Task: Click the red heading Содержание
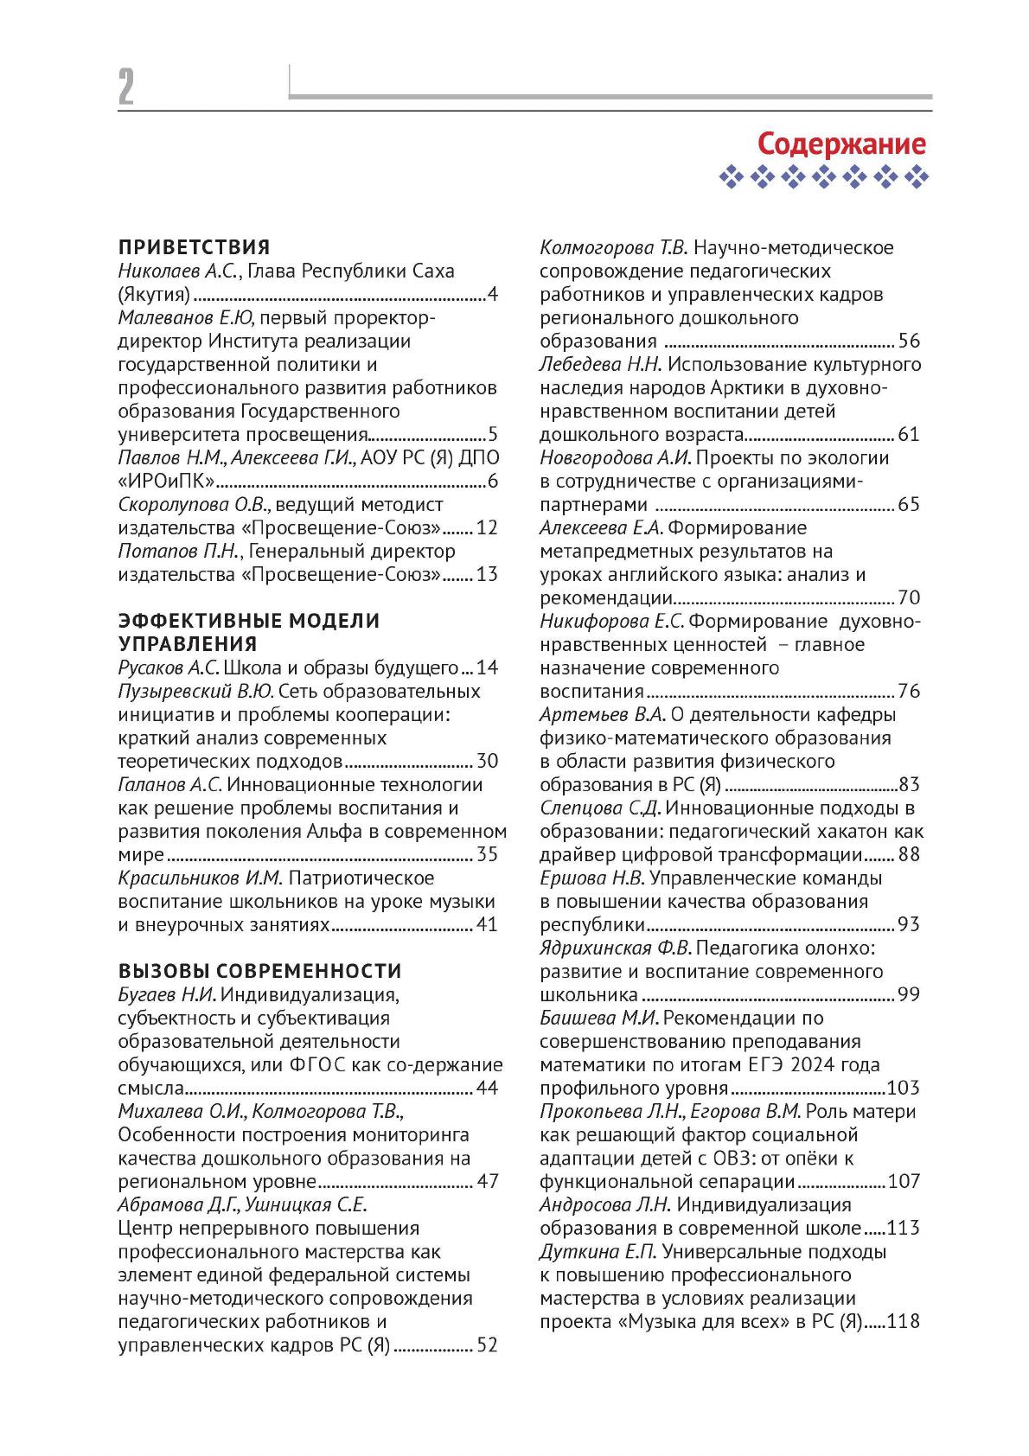point(840,143)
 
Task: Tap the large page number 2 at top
point(126,87)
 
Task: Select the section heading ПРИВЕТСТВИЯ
point(194,247)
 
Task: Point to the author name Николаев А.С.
point(177,271)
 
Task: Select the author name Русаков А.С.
point(169,668)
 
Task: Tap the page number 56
point(909,341)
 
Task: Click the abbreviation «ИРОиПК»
point(166,482)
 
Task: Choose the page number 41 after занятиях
point(487,925)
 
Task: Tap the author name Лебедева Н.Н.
point(600,364)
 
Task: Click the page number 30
point(487,762)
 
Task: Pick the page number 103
point(904,1089)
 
